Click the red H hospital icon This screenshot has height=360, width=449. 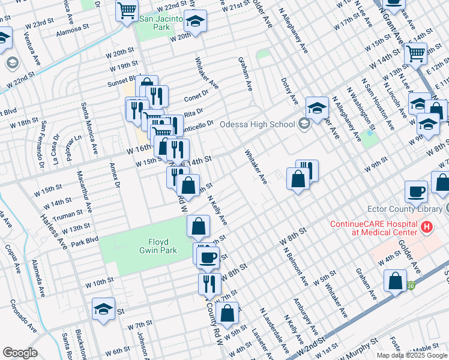coord(427,227)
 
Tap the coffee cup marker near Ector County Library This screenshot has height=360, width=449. coord(417,192)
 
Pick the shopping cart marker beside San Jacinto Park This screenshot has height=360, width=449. coord(127,10)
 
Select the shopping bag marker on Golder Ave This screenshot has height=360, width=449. coord(396,280)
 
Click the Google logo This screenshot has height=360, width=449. coord(20,353)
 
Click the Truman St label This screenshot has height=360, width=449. coord(67,214)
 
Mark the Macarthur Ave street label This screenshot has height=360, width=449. coord(88,191)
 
